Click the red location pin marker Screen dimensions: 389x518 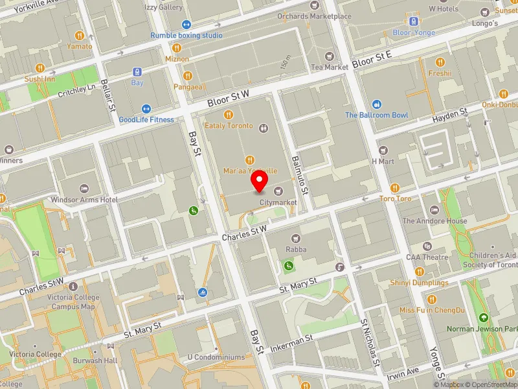(260, 182)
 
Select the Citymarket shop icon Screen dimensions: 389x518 (278, 191)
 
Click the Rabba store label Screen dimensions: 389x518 (297, 249)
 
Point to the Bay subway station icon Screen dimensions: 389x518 (137, 72)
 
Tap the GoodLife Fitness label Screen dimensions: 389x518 (146, 119)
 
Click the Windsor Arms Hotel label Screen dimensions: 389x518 (84, 200)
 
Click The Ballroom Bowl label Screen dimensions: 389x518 (376, 115)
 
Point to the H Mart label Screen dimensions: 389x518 (383, 161)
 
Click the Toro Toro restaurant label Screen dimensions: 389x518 (395, 198)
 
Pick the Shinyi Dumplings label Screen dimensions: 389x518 (418, 283)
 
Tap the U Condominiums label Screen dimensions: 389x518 (216, 357)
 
